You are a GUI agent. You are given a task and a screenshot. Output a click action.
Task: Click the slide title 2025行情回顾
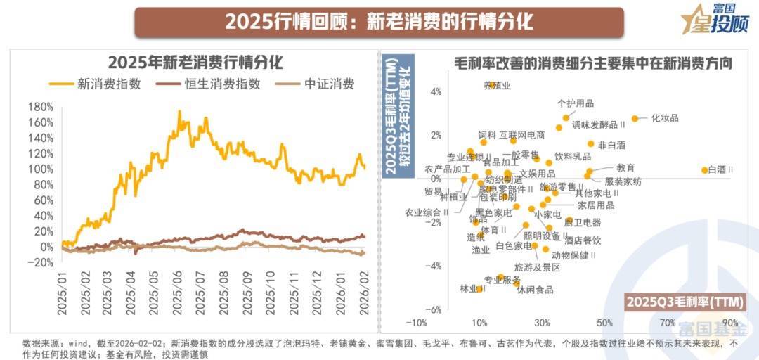tap(379, 22)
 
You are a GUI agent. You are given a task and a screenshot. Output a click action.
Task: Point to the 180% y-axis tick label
tap(40, 107)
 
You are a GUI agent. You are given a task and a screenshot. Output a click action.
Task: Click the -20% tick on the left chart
tap(40, 263)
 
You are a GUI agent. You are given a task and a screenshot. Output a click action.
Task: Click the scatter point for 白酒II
tap(705, 169)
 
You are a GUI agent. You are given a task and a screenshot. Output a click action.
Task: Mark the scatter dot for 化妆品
tap(635, 119)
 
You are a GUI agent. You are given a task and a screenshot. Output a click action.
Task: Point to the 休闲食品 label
tap(535, 290)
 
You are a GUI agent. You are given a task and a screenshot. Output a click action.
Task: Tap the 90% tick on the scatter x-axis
tap(728, 323)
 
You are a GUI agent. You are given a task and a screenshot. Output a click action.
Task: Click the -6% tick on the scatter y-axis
tap(435, 309)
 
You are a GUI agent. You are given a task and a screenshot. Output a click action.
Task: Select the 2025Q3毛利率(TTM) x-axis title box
tap(685, 302)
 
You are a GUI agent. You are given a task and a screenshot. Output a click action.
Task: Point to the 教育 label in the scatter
tap(625, 167)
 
